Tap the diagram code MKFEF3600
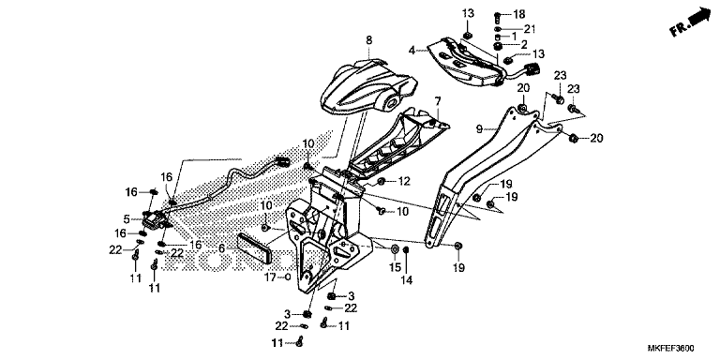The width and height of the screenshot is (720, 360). click(671, 349)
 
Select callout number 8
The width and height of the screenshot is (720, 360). click(369, 40)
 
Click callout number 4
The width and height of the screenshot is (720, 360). click(412, 50)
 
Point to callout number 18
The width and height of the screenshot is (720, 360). click(518, 15)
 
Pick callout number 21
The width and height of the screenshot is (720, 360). click(530, 29)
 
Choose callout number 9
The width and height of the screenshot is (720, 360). click(479, 129)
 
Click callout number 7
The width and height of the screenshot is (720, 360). click(438, 100)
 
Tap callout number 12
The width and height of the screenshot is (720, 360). click(404, 182)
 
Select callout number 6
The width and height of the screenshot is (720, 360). click(222, 248)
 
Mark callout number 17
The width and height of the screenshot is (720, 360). click(270, 277)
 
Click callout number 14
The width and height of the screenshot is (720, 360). click(406, 279)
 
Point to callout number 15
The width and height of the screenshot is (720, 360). click(395, 267)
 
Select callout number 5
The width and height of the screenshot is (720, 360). click(127, 219)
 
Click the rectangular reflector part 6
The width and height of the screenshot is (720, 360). click(255, 249)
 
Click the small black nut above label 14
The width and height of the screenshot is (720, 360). click(406, 249)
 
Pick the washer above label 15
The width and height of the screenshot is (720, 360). click(395, 250)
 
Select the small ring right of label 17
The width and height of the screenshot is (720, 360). click(288, 277)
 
